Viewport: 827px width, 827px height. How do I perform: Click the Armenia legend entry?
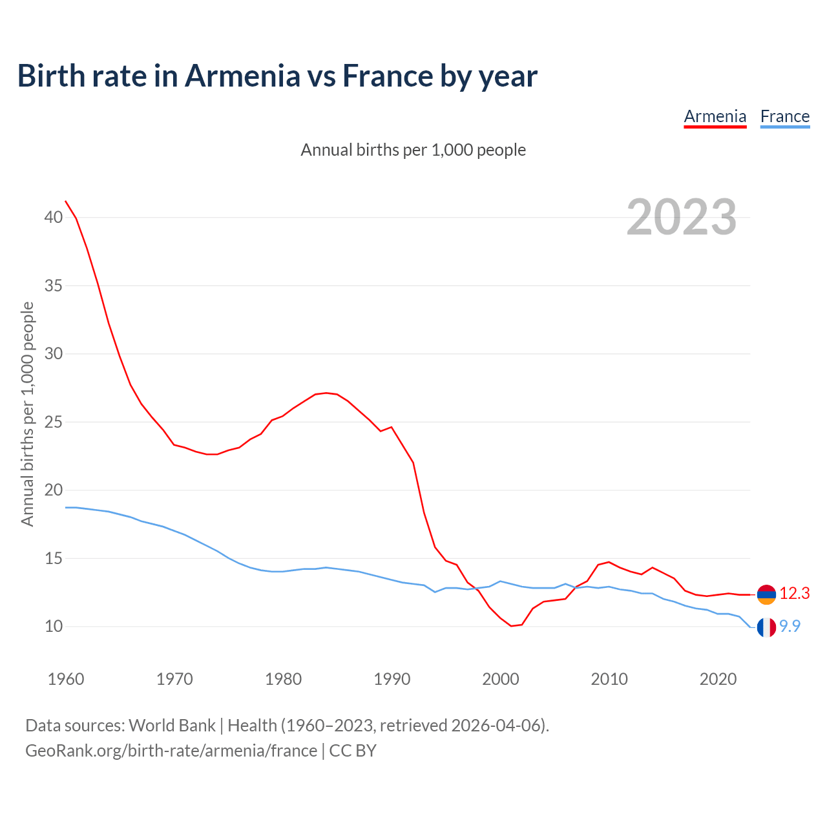tap(715, 117)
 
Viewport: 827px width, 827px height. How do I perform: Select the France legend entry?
tap(785, 117)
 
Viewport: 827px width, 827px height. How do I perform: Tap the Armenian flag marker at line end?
tap(766, 594)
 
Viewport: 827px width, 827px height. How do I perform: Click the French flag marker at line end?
tap(766, 627)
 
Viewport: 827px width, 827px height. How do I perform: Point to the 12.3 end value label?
tap(795, 594)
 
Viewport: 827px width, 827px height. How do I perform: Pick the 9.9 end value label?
tap(790, 626)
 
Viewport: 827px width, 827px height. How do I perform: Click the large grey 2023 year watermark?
tap(682, 217)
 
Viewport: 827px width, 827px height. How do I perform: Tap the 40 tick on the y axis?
tap(53, 218)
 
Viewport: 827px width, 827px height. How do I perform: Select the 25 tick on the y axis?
tap(53, 423)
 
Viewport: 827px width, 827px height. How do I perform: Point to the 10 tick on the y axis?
tap(53, 627)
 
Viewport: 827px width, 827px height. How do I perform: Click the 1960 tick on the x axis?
tap(66, 679)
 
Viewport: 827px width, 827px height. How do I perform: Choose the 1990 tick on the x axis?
tap(392, 679)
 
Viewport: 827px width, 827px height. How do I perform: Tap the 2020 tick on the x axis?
tap(718, 679)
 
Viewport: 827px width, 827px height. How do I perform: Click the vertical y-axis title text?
tap(27, 414)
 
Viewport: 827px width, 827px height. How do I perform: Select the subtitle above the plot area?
tap(413, 151)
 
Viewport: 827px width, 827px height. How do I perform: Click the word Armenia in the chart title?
tap(243, 76)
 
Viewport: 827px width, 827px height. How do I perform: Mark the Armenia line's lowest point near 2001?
tap(511, 625)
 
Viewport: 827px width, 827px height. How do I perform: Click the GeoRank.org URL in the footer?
tap(171, 751)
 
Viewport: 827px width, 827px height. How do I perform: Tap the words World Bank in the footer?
tap(172, 726)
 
